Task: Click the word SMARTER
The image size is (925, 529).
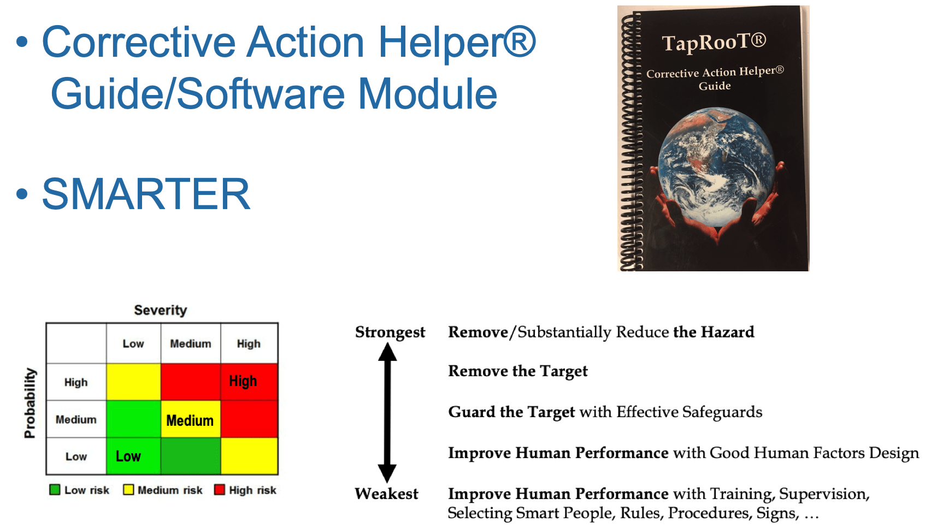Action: [x=146, y=194]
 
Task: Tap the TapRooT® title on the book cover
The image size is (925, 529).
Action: [x=714, y=42]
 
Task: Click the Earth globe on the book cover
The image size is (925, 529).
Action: [x=716, y=167]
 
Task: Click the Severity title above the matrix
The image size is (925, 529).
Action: [x=161, y=310]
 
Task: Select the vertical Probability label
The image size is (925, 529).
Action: [x=30, y=403]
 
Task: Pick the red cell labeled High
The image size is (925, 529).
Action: [x=250, y=382]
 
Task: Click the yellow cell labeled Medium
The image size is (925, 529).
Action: [x=190, y=419]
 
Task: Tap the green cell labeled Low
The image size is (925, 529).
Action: [x=133, y=456]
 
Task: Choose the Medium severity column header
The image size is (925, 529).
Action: [x=191, y=344]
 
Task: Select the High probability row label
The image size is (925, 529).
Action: [x=76, y=383]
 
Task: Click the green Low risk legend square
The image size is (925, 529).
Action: [x=55, y=490]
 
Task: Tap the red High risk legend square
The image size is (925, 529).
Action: [x=220, y=490]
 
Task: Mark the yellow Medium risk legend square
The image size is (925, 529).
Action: [x=128, y=490]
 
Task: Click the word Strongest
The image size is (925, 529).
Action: [x=390, y=332]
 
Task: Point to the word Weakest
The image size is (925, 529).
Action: [x=386, y=494]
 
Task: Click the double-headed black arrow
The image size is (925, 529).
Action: [x=387, y=413]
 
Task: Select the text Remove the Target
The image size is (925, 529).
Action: [x=518, y=371]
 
